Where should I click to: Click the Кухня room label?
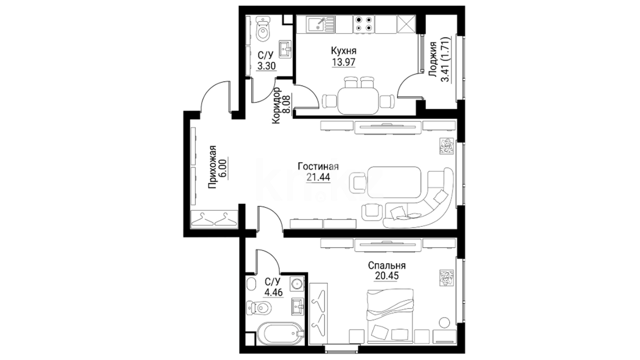tap(343, 51)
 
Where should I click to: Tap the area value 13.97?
tap(343, 62)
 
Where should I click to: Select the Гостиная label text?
tap(318, 166)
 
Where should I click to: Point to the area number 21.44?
tap(318, 177)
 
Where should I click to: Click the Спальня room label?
tap(387, 265)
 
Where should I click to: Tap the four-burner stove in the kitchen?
tap(363, 24)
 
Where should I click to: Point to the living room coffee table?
tap(394, 183)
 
